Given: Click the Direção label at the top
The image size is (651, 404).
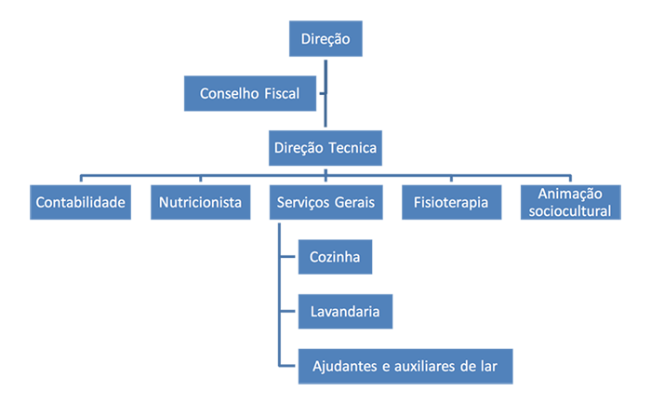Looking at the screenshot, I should click(325, 39).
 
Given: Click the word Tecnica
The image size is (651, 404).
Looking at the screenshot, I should click(351, 147).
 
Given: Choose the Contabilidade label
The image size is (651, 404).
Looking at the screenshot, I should click(80, 202).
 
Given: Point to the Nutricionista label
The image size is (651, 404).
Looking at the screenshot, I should click(200, 202).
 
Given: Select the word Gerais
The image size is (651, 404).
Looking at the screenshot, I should click(354, 202).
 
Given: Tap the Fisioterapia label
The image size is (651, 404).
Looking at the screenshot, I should click(450, 202).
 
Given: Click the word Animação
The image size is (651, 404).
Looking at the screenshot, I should click(571, 194).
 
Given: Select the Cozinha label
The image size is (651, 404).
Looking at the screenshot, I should click(335, 257).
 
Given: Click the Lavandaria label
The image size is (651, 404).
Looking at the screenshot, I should click(344, 312).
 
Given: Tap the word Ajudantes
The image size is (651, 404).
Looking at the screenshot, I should click(346, 366).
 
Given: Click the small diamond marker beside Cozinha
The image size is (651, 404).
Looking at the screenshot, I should click(288, 257).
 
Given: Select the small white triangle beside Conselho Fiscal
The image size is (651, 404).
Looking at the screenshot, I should click(320, 96).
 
